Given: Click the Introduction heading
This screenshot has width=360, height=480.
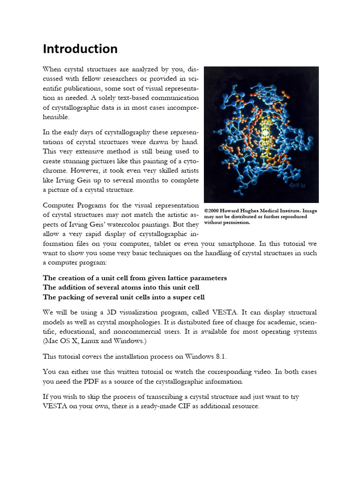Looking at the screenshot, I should (80, 49).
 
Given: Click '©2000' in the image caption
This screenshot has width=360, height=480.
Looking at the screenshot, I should (213, 210).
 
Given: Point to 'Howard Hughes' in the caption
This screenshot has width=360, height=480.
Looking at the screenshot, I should (243, 210).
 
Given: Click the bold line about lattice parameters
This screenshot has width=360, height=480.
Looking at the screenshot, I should (135, 278).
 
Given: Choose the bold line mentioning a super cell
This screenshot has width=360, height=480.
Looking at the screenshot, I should (124, 297).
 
